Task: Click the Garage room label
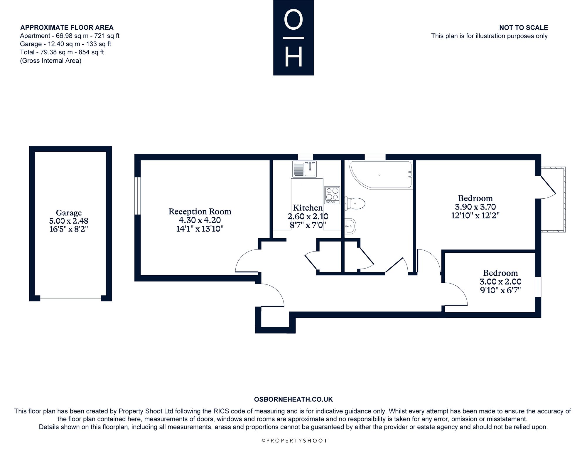click(69, 213)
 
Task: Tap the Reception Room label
click(200, 212)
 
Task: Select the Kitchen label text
click(308, 208)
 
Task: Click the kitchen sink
click(304, 169)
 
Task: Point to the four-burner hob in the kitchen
click(332, 195)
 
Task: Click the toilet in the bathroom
click(355, 203)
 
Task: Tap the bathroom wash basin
click(350, 226)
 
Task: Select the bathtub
click(380, 175)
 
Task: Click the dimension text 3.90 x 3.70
click(475, 207)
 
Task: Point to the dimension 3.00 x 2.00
click(500, 282)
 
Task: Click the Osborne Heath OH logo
click(293, 38)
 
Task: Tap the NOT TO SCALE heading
click(524, 28)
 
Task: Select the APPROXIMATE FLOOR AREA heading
click(67, 28)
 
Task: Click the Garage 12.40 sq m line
click(65, 44)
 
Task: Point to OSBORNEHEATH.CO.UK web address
click(293, 399)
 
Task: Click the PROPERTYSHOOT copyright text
click(294, 441)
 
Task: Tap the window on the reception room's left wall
click(138, 196)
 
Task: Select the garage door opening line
click(70, 298)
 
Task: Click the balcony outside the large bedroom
click(553, 200)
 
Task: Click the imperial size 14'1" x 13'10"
click(200, 229)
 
